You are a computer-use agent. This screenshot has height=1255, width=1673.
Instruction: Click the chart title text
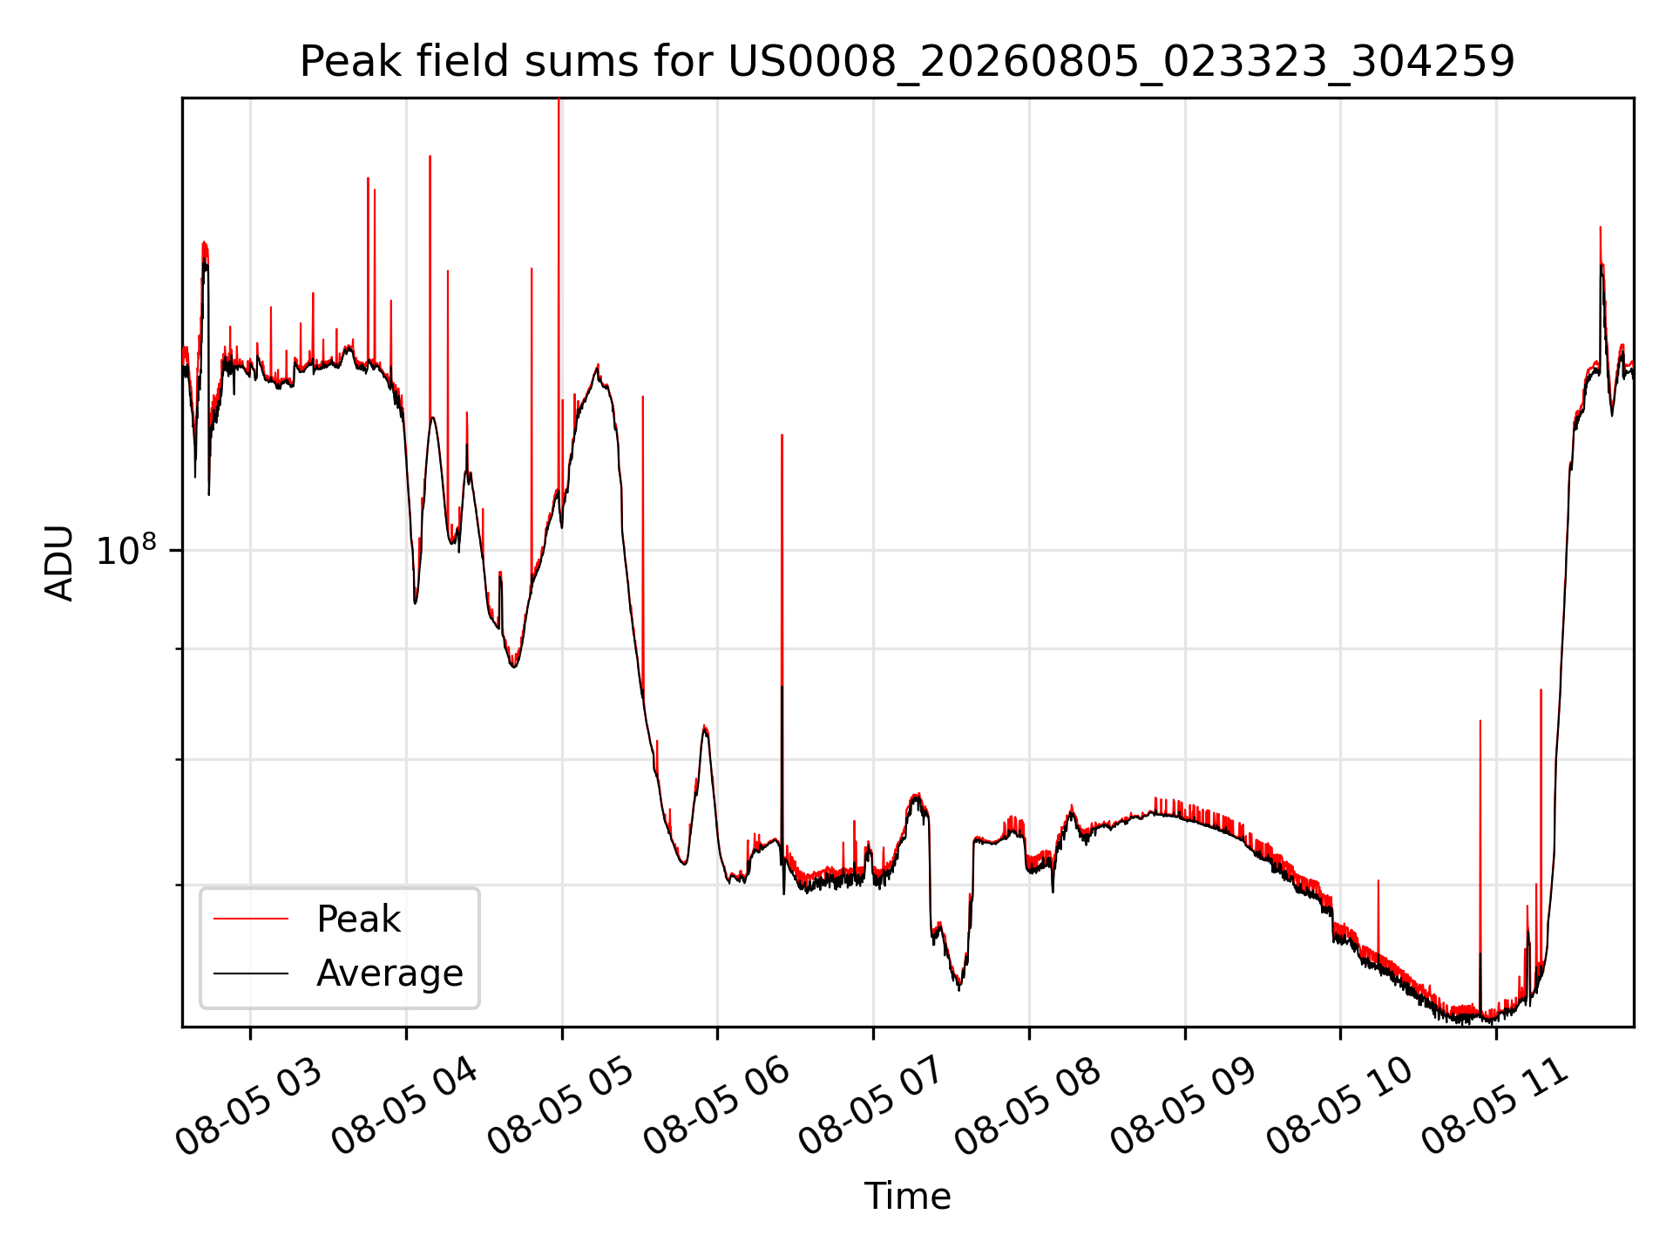point(907,62)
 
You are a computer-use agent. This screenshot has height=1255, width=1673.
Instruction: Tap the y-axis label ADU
point(59,563)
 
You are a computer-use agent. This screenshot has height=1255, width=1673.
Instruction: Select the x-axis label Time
point(907,1197)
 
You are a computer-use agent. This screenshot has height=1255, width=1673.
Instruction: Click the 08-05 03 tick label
point(249,1108)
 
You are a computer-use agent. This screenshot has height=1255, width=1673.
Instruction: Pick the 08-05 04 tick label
point(405,1108)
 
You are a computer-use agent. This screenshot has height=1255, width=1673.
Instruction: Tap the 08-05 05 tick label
point(561,1108)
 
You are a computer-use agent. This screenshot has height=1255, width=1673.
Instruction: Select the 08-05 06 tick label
point(716,1108)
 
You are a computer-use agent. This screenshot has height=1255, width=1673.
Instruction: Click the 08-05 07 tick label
point(872,1108)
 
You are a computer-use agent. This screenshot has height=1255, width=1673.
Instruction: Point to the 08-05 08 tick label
point(1028,1108)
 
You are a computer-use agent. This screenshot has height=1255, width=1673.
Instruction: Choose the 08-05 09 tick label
point(1184,1108)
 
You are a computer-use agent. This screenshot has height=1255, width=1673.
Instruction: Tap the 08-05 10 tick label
point(1339,1108)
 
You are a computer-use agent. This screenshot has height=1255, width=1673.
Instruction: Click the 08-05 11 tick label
point(1495,1108)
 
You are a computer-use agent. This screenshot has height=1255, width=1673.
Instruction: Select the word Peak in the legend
point(358,919)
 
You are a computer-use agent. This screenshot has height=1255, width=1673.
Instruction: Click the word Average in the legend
point(389,973)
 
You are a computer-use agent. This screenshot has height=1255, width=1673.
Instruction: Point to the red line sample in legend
point(251,919)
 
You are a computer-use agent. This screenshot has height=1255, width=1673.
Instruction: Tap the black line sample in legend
point(251,973)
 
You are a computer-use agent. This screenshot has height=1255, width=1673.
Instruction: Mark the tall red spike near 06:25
point(782,558)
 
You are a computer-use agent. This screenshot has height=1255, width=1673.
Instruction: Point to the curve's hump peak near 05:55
point(704,726)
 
